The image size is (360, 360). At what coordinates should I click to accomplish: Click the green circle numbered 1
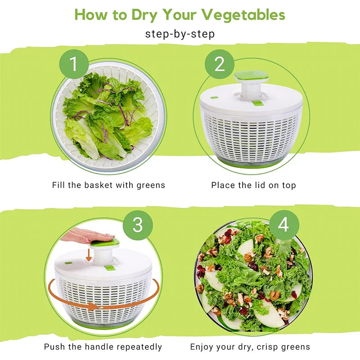tap(73, 64)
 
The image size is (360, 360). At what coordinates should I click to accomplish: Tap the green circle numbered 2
tap(220, 64)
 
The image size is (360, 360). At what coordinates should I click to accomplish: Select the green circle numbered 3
tap(138, 225)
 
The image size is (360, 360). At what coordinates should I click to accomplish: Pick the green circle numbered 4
tap(283, 225)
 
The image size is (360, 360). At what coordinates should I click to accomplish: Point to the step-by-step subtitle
tap(180, 34)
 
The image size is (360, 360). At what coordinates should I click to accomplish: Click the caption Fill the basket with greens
tap(108, 185)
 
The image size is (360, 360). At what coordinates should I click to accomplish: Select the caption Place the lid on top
tap(253, 185)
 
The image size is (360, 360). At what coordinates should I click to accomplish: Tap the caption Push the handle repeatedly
tap(103, 346)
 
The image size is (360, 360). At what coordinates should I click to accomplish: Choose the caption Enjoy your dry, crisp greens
tap(250, 346)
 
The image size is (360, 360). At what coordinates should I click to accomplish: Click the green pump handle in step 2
tap(251, 76)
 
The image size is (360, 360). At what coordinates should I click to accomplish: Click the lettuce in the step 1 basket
tap(108, 117)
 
